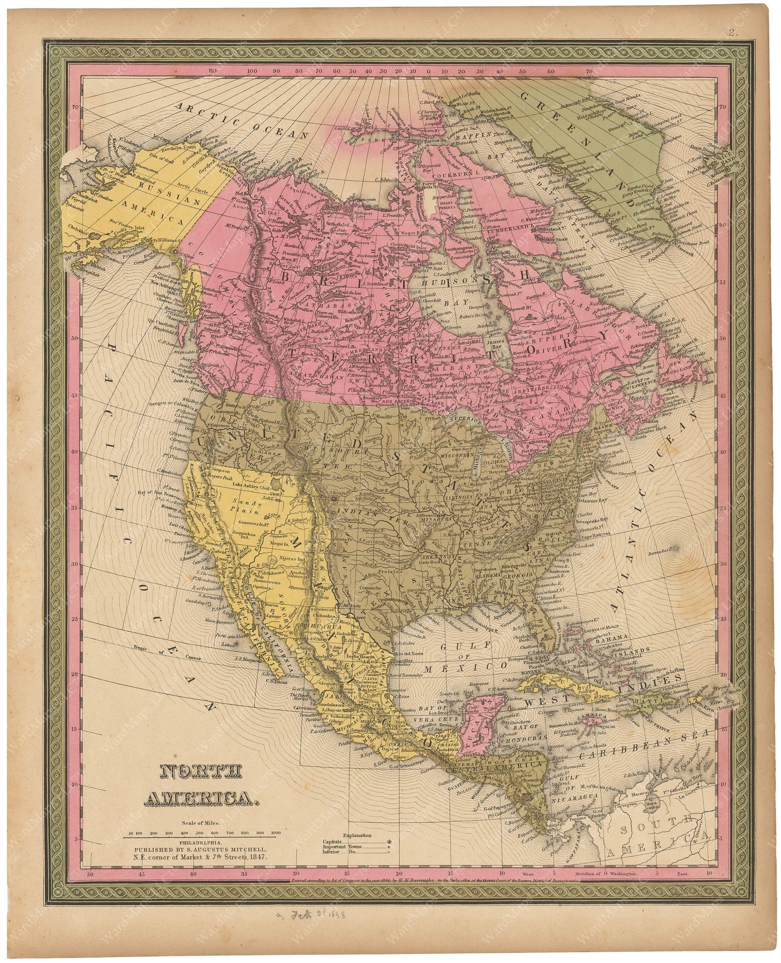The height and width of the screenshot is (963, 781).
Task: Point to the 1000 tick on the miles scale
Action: (276, 833)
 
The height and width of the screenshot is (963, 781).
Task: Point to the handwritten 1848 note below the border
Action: (340, 915)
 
